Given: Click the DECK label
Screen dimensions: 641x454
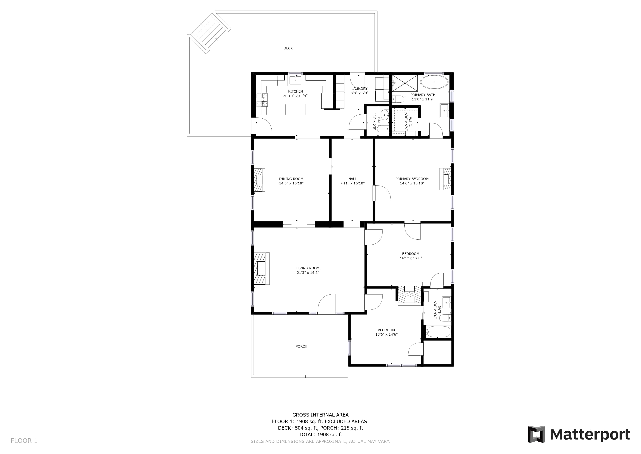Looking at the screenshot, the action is click(288, 48).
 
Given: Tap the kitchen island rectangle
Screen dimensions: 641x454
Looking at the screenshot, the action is click(295, 109).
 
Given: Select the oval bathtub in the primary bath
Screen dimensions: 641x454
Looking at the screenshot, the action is click(434, 82).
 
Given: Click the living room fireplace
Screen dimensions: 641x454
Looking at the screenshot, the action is click(262, 269).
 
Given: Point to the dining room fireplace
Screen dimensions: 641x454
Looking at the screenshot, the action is click(259, 180).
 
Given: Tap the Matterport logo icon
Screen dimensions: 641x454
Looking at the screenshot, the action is click(536, 434).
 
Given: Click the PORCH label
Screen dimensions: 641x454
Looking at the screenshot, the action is click(301, 346).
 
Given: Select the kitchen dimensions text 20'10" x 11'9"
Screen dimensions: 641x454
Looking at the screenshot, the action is click(295, 96).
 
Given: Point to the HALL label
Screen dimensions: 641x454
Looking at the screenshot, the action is click(352, 179).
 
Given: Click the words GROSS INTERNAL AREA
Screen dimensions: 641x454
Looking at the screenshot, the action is click(320, 415).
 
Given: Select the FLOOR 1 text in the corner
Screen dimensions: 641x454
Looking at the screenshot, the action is click(24, 441).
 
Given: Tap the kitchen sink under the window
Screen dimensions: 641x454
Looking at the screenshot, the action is click(295, 80).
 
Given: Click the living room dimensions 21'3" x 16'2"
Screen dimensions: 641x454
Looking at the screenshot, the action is click(308, 273).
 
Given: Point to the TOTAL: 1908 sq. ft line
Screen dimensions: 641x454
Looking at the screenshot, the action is click(320, 434).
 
